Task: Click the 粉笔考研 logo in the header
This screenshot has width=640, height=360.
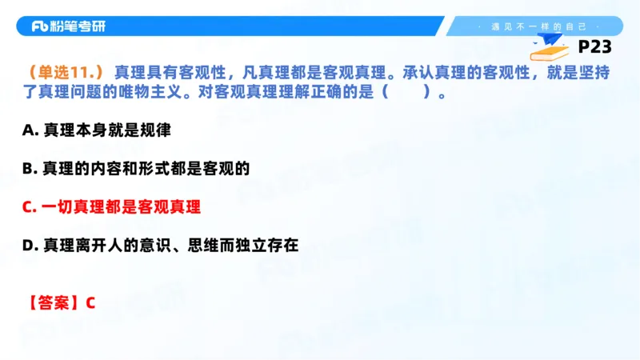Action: click(68, 26)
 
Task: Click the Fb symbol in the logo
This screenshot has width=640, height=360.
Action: click(42, 26)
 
